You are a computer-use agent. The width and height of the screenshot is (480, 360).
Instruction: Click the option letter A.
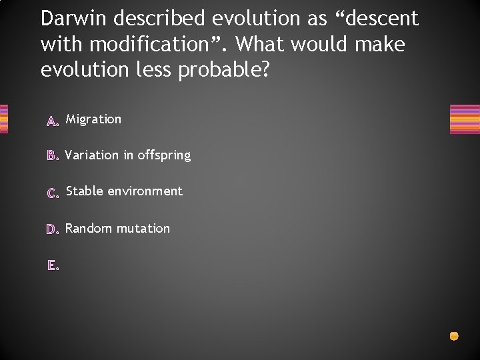53,121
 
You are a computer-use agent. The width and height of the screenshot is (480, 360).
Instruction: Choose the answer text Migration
93,119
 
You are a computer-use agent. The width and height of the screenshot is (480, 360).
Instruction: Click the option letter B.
53,156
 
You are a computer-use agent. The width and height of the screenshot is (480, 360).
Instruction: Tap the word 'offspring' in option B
164,156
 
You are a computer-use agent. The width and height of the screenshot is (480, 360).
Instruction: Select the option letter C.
53,193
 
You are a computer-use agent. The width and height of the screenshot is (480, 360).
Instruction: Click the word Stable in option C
85,191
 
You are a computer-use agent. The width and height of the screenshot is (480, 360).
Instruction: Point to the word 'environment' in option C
145,191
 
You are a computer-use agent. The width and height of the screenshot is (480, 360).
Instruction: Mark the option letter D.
53,229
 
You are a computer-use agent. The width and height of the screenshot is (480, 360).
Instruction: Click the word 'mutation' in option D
143,229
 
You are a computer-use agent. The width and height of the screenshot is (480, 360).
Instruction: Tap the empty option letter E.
53,265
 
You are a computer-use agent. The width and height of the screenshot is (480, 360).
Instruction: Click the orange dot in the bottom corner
454,336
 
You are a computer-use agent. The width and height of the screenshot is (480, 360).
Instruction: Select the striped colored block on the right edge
465,120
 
